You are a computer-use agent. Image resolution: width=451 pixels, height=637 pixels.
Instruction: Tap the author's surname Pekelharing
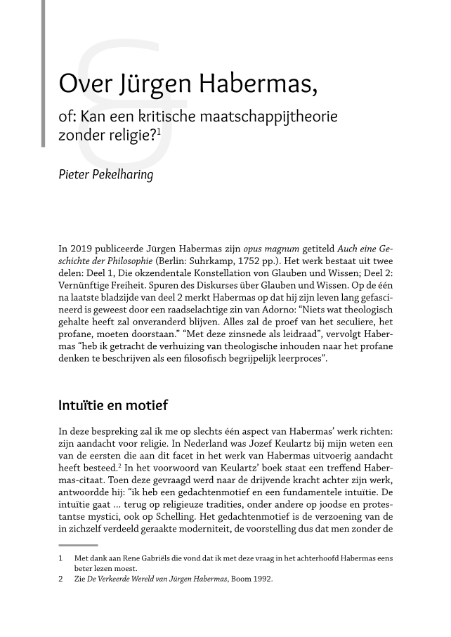coord(123,173)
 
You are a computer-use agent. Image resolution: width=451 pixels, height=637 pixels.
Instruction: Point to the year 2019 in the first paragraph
coord(83,249)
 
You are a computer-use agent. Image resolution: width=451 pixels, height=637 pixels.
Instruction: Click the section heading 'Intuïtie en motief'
coord(113,405)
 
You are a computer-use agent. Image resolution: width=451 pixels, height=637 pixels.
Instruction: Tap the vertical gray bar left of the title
coord(44,74)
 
